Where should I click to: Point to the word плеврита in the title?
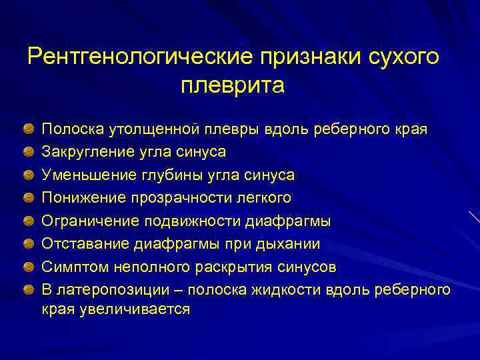tap(233, 85)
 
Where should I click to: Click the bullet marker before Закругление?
tap(30, 152)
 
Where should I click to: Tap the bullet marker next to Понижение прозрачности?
tap(30, 198)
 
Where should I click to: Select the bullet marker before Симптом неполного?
tap(30, 267)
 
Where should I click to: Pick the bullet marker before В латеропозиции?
tap(30, 290)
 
